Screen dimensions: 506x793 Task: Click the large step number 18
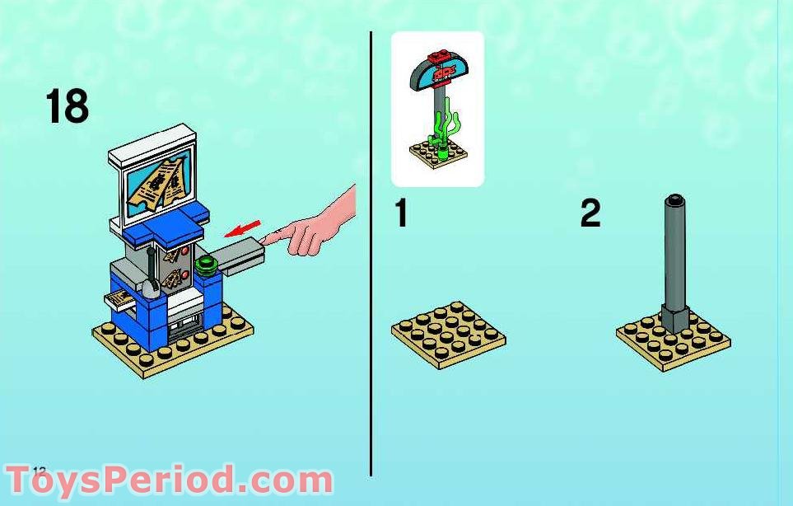click(68, 107)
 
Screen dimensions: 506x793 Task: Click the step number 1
click(401, 213)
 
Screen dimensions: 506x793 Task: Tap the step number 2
click(590, 213)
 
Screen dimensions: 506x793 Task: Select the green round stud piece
click(206, 266)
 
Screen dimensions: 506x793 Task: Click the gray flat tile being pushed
click(238, 255)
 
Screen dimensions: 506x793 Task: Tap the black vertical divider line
click(371, 247)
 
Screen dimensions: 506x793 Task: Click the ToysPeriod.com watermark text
click(169, 480)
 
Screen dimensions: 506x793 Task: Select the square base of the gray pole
click(674, 317)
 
